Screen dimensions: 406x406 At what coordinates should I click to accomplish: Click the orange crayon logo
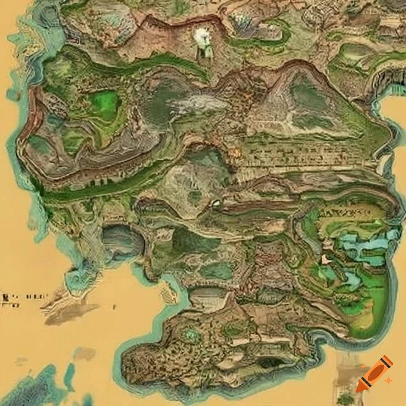coord(374,373)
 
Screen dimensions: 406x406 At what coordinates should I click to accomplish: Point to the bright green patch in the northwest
coord(105,105)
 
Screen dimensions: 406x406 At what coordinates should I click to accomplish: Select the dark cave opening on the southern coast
coord(270,362)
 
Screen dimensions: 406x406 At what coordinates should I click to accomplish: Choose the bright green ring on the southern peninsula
coord(192,335)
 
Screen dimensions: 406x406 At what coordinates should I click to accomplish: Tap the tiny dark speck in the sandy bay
coord(115,306)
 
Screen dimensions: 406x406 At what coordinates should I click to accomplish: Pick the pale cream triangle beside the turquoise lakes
coord(326,260)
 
